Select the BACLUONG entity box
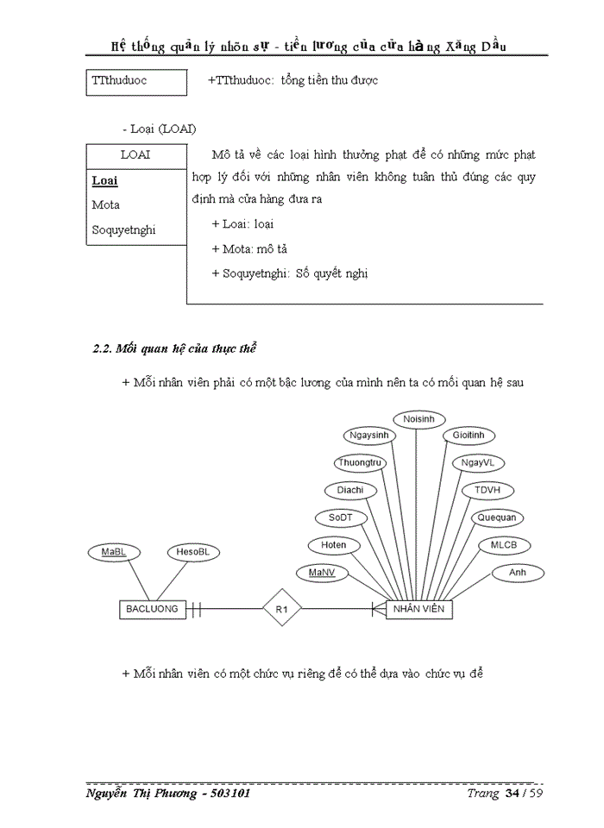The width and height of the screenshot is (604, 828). (152, 609)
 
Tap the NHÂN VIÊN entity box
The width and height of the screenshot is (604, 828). (418, 609)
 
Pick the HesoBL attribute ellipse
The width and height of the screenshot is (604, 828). (192, 551)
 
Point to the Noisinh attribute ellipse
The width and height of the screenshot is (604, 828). (419, 419)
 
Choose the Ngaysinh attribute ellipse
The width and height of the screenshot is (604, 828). (368, 436)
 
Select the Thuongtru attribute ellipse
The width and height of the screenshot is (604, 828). (359, 463)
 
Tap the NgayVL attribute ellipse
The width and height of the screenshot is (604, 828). (478, 463)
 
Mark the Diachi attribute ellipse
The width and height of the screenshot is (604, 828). (350, 490)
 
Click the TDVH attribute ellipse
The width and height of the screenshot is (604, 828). (488, 490)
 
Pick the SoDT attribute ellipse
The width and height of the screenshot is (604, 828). (342, 517)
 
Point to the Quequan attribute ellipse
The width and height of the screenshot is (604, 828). (497, 518)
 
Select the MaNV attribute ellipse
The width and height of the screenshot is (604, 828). (321, 572)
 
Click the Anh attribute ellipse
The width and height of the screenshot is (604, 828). (518, 572)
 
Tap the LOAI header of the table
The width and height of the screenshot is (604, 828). (135, 155)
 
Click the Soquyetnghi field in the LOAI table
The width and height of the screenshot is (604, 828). (123, 230)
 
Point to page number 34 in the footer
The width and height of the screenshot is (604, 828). (512, 793)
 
